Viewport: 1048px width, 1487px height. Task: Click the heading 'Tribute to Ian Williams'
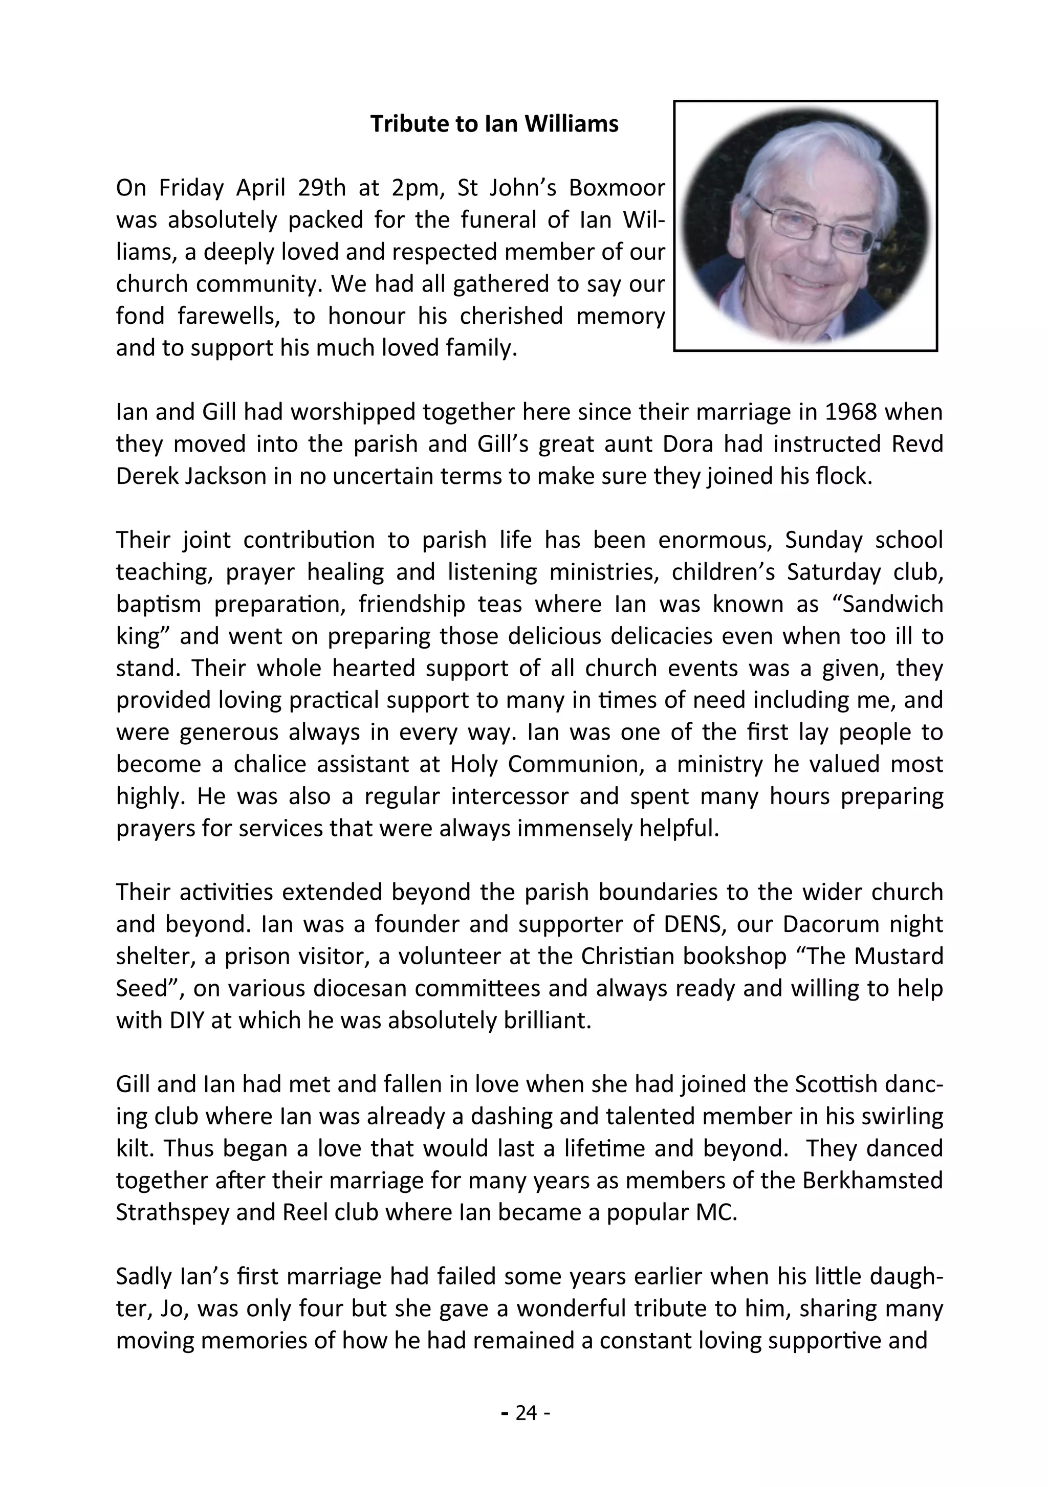point(494,124)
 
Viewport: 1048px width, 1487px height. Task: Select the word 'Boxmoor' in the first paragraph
point(617,188)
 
